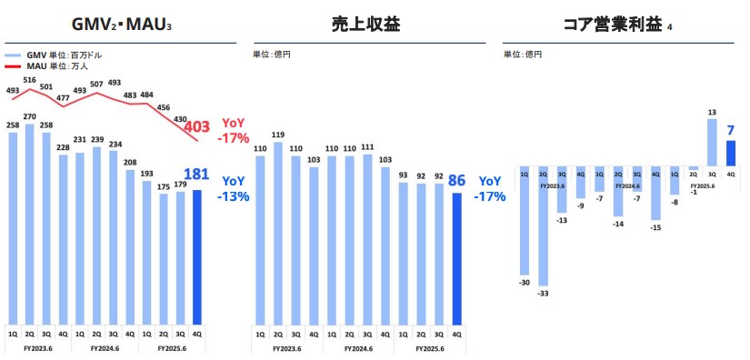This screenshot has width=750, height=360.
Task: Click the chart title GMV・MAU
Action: pos(120,25)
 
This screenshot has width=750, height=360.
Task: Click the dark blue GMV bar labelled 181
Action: pos(198,256)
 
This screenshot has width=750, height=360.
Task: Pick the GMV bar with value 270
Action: pos(30,223)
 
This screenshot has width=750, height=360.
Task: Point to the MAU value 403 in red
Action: pos(199,126)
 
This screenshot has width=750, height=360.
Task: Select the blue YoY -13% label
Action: pos(235,188)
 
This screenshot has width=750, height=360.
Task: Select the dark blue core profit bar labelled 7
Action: pos(730,154)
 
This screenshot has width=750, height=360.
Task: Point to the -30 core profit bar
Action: pos(525,220)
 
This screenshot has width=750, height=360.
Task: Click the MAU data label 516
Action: pos(30,81)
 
